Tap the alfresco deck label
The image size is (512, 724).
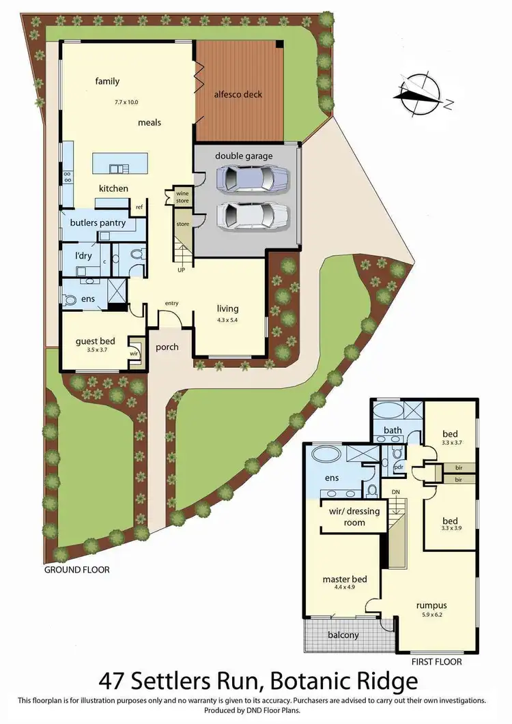(x=238, y=94)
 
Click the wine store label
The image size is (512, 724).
(x=182, y=197)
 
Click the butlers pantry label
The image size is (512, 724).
(x=94, y=222)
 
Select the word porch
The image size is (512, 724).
(x=167, y=347)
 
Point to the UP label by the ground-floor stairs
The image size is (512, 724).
(x=181, y=270)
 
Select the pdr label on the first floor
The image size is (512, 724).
(x=399, y=467)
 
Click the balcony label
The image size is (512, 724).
(x=343, y=635)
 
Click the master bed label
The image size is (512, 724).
(x=345, y=579)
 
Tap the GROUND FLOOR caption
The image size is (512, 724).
(x=76, y=570)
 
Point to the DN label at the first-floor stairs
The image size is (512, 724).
(x=395, y=491)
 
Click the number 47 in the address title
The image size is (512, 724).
(x=115, y=681)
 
